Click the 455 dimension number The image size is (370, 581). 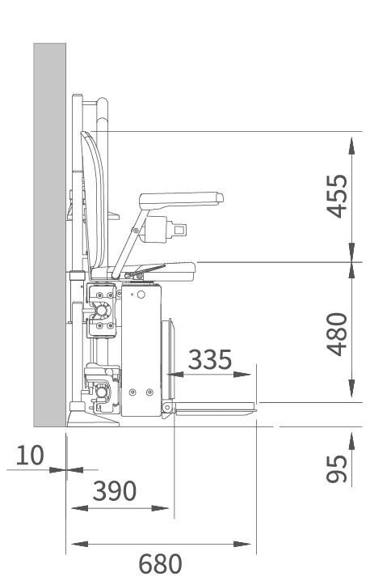click(x=337, y=196)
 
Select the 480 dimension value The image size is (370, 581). click(x=337, y=334)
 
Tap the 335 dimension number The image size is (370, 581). click(x=210, y=359)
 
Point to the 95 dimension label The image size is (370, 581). click(x=337, y=469)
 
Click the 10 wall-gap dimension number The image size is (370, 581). click(x=30, y=455)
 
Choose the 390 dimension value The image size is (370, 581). click(x=115, y=490)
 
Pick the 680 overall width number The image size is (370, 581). click(x=160, y=563)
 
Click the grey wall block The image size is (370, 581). click(x=49, y=235)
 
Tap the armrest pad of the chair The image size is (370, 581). click(x=181, y=199)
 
